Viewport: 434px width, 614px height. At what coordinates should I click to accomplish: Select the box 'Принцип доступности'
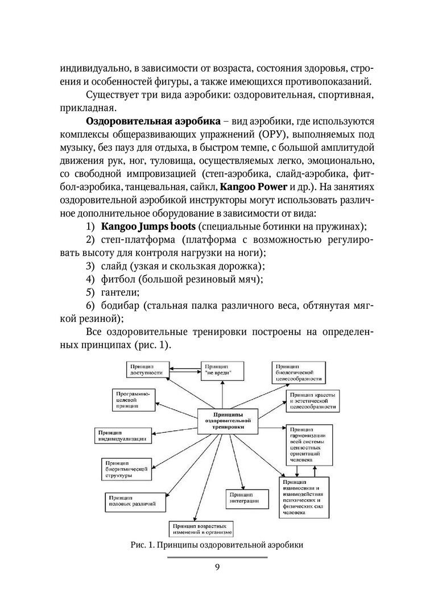coord(147,370)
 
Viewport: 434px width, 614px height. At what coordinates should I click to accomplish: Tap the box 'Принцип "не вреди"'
coord(221,370)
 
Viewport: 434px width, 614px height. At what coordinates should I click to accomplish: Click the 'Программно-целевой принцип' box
coord(132,400)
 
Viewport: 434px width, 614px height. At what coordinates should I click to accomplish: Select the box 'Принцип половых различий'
coord(130,500)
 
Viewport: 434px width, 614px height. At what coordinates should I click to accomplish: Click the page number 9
coord(217,566)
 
